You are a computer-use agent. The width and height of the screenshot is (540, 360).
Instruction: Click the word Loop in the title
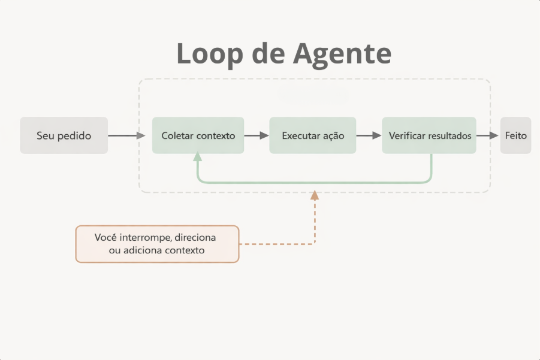[211, 54]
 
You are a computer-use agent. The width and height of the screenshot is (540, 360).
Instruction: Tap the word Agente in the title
[342, 54]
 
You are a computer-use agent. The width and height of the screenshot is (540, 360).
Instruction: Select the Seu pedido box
[64, 135]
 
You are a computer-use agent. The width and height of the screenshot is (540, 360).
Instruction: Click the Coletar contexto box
[198, 135]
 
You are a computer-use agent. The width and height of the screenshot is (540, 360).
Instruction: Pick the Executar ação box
[313, 135]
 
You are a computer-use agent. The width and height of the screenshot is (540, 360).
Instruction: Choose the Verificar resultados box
[429, 135]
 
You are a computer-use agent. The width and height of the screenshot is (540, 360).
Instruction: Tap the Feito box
[515, 135]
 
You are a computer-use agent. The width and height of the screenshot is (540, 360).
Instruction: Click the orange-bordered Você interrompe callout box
[157, 244]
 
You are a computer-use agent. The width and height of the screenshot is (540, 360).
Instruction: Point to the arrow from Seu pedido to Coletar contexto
[126, 135]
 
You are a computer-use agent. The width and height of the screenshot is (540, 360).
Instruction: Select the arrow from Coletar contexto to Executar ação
[257, 135]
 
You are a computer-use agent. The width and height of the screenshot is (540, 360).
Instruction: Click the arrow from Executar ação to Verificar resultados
[369, 135]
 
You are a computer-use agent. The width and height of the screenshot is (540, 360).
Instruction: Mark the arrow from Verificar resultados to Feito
[488, 135]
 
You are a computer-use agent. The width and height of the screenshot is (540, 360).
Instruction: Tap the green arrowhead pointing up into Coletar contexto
[197, 157]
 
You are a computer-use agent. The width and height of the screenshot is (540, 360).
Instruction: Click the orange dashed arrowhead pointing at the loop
[315, 195]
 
